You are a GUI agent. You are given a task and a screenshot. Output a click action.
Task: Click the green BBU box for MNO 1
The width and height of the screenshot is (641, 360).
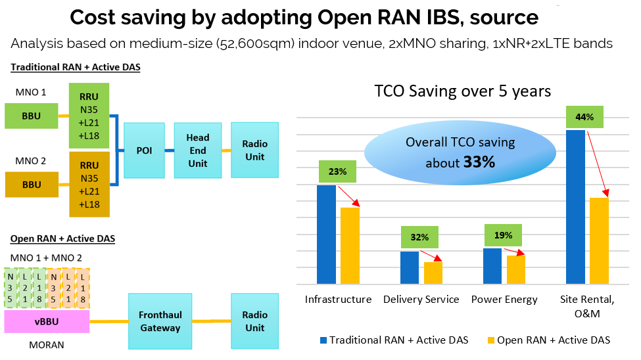point(32,115)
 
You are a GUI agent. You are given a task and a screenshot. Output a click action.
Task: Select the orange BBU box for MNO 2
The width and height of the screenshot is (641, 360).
point(32,185)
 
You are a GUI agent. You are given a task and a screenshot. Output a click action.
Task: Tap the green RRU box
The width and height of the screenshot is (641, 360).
point(89,116)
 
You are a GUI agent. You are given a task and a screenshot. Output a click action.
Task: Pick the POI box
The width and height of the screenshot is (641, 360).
point(143,150)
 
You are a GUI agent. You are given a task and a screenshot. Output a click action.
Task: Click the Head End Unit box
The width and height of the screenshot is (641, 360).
point(197,150)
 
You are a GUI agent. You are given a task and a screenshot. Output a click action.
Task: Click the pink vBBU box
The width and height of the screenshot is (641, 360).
point(47,321)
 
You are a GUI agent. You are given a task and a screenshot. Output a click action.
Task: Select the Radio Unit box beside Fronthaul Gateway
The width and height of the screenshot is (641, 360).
point(254,321)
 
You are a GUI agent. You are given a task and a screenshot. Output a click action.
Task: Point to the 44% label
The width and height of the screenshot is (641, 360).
point(584,117)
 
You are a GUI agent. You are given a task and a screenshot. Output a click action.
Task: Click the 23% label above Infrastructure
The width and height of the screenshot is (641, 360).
point(337,172)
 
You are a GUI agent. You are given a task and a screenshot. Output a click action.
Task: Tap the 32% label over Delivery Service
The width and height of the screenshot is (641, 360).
point(420,237)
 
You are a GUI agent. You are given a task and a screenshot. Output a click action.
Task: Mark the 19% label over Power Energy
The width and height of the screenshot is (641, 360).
point(503,235)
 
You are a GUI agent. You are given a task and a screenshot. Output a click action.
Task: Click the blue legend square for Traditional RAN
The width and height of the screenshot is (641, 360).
point(322,340)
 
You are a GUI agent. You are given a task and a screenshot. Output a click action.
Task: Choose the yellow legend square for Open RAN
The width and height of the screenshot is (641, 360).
point(490,340)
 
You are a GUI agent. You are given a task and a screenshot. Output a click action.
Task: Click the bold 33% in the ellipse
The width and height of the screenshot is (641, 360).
point(479,162)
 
